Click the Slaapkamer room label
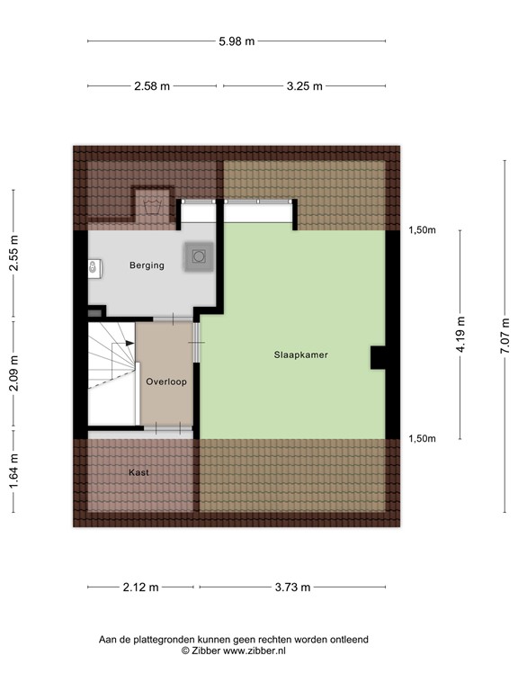click(x=300, y=355)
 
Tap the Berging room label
click(x=147, y=265)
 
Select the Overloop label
click(x=165, y=381)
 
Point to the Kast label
click(x=138, y=472)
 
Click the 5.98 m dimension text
click(x=236, y=41)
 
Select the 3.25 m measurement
click(x=304, y=86)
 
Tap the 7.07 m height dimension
click(x=505, y=335)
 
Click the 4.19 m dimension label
click(x=460, y=335)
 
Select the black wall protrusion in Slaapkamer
click(x=378, y=358)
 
